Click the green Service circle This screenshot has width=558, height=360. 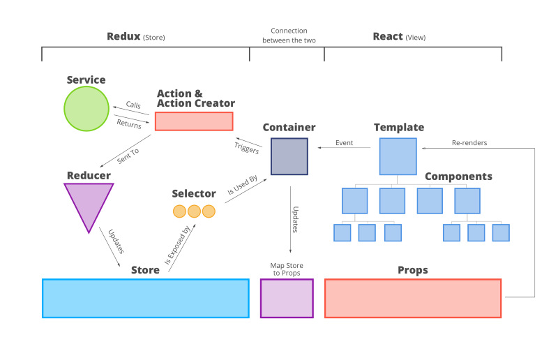click(x=86, y=109)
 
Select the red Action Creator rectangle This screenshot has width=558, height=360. click(x=194, y=121)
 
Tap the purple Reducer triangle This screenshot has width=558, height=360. click(x=89, y=203)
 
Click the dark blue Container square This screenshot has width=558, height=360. click(x=289, y=156)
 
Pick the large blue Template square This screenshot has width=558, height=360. click(x=398, y=156)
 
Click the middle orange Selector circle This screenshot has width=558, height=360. click(x=194, y=211)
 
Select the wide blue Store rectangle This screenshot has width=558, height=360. click(x=146, y=299)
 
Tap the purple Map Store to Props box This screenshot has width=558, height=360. click(x=287, y=299)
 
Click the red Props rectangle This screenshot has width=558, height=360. click(x=413, y=299)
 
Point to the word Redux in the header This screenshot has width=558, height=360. click(x=123, y=36)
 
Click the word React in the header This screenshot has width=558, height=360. click(x=388, y=36)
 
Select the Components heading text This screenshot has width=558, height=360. click(x=458, y=177)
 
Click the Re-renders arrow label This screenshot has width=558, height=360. click(x=469, y=143)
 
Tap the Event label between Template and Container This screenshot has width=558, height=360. click(x=344, y=143)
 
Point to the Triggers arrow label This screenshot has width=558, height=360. click(x=247, y=148)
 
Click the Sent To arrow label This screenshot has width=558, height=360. click(x=128, y=156)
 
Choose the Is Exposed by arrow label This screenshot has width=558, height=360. click(x=177, y=245)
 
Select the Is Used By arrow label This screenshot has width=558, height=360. click(x=242, y=185)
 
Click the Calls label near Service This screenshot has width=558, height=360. click(x=133, y=105)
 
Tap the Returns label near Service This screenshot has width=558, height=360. click(x=129, y=124)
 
